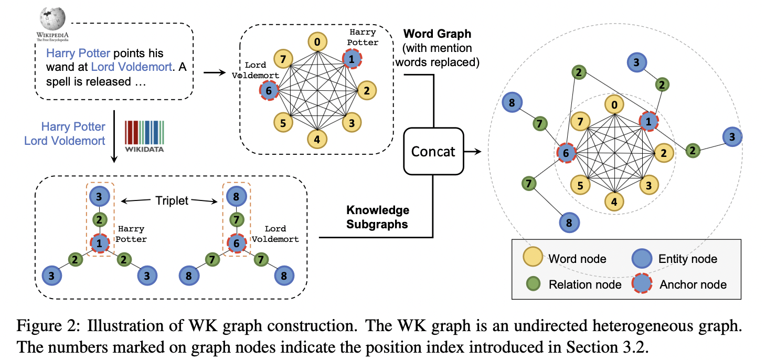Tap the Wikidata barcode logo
(144, 136)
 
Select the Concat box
(433, 152)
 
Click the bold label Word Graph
(437, 34)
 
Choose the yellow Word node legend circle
(533, 258)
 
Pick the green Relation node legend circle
(533, 284)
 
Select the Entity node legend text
(687, 259)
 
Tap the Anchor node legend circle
(642, 284)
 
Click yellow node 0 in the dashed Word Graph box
(317, 42)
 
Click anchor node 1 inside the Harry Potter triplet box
(99, 243)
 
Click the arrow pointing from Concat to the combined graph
(473, 152)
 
